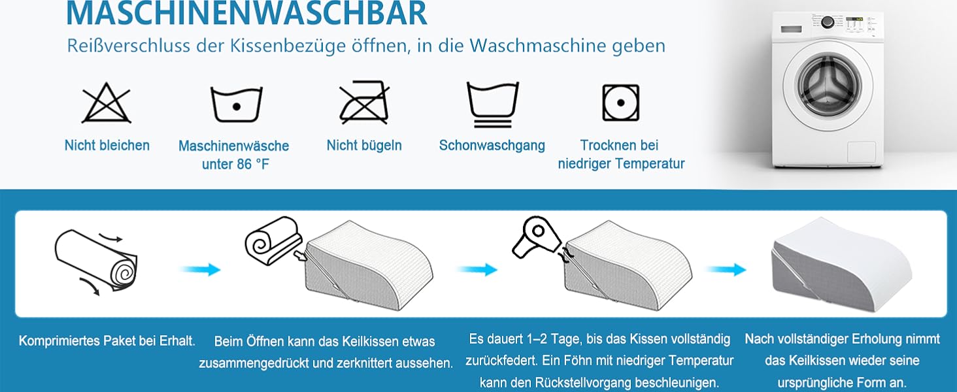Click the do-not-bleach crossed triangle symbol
click(107, 104)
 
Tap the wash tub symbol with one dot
click(236, 104)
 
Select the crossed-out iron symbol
click(364, 102)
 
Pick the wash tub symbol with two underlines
click(493, 104)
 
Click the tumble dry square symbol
click(621, 103)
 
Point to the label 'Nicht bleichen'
click(107, 145)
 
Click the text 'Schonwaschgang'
click(492, 145)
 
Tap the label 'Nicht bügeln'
click(364, 145)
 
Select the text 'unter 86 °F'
click(235, 164)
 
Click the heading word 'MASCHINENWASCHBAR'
click(246, 14)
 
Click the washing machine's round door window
click(828, 83)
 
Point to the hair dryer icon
click(536, 237)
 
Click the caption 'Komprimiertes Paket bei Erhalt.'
click(107, 341)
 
